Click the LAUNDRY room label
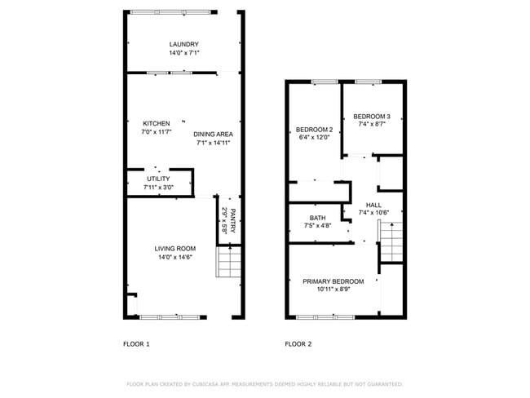coord(183,44)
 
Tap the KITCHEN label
coord(156,123)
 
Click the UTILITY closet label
coord(158,179)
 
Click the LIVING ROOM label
coord(175,248)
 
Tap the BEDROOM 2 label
coord(314,130)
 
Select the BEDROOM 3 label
coord(371,116)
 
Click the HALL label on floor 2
coord(373,205)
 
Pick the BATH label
coord(318,218)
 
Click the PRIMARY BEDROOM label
coord(333,281)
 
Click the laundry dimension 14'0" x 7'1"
coord(183,53)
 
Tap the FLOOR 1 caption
coord(136,344)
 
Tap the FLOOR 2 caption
coord(298,344)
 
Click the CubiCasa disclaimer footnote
coord(264,383)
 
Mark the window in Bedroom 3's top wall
coord(369,82)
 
